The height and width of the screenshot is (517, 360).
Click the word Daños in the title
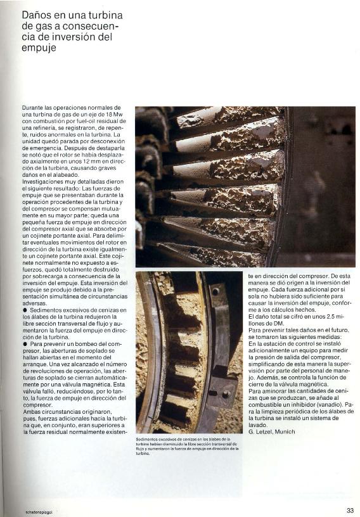[x=35, y=15]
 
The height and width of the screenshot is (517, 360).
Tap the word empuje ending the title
[x=39, y=48]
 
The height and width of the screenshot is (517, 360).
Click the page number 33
[x=350, y=510]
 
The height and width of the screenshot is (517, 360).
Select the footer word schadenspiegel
[x=39, y=511]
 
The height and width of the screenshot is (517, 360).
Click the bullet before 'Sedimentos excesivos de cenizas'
[x=24, y=310]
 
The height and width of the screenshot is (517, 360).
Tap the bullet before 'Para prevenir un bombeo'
[x=24, y=343]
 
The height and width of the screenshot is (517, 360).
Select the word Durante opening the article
[x=32, y=108]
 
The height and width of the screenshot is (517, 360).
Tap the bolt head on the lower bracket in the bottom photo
[x=225, y=393]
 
